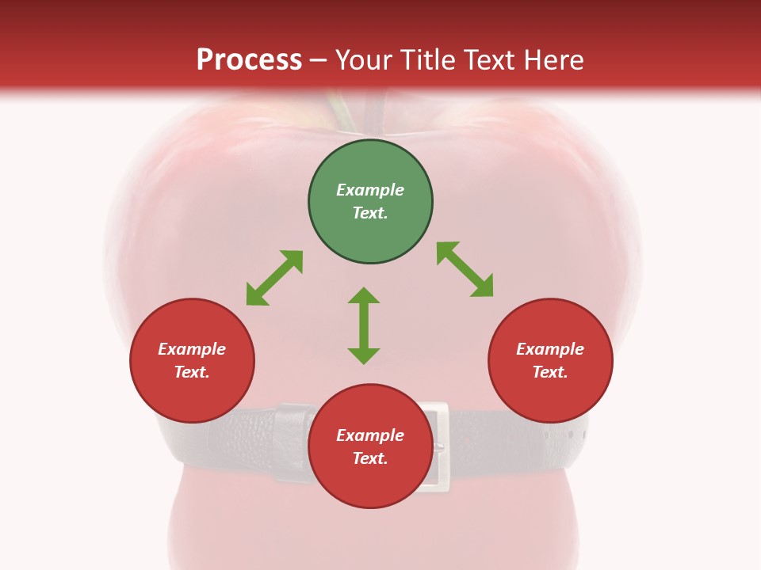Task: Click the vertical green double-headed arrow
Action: coord(364,325)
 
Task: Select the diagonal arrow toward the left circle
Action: coord(274,278)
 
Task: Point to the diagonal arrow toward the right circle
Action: coord(465,269)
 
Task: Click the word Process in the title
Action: coord(249,60)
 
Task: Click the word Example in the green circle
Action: coord(370,190)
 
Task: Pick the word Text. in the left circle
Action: coord(192,372)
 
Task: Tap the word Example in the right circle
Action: coord(550,349)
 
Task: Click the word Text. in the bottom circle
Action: coord(370,458)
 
